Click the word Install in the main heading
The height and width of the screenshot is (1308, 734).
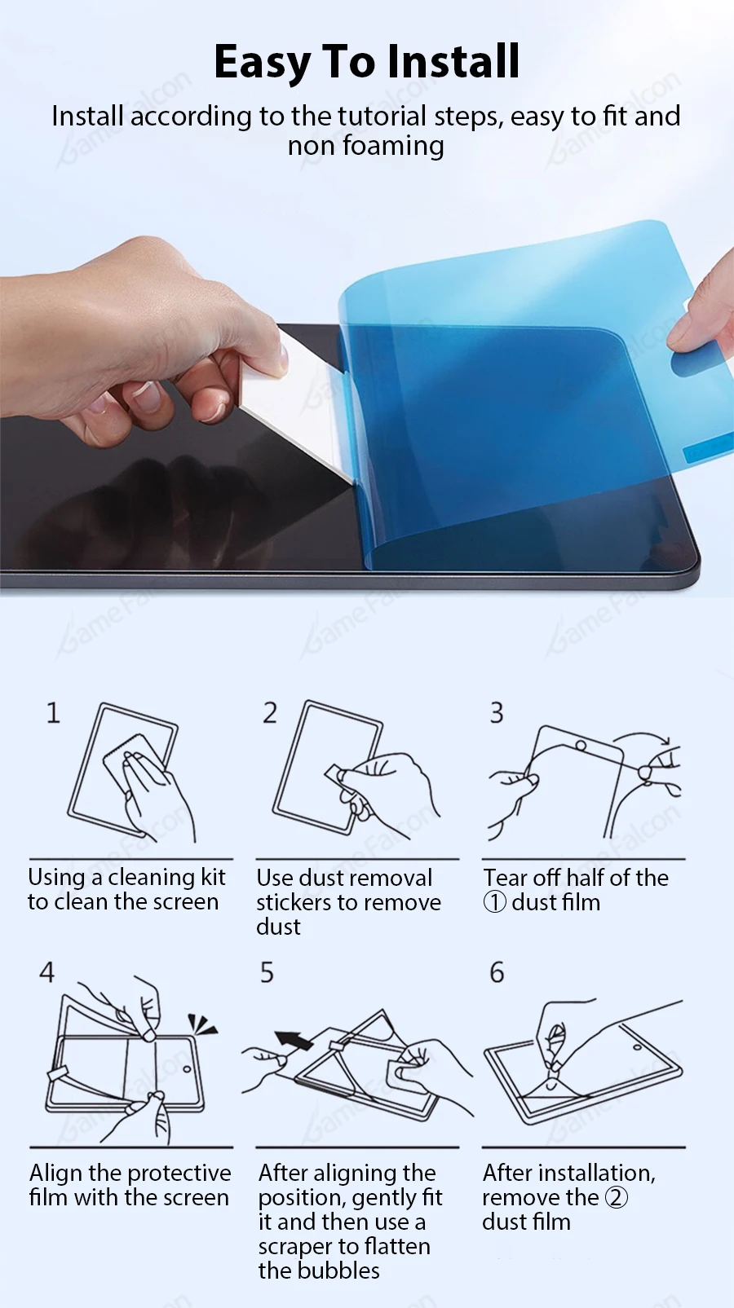point(453,61)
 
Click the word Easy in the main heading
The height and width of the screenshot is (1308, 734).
point(263,63)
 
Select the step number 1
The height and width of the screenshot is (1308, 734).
point(53,713)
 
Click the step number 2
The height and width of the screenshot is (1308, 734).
point(269,713)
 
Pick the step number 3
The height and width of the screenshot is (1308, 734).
point(497,713)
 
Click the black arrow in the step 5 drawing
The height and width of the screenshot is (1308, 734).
point(294,1040)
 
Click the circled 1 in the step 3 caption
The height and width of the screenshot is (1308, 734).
point(494,903)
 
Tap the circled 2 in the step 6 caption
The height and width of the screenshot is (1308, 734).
point(616,1198)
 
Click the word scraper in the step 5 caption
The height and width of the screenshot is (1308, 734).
point(297,1247)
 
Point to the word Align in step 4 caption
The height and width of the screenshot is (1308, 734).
point(56,1173)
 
